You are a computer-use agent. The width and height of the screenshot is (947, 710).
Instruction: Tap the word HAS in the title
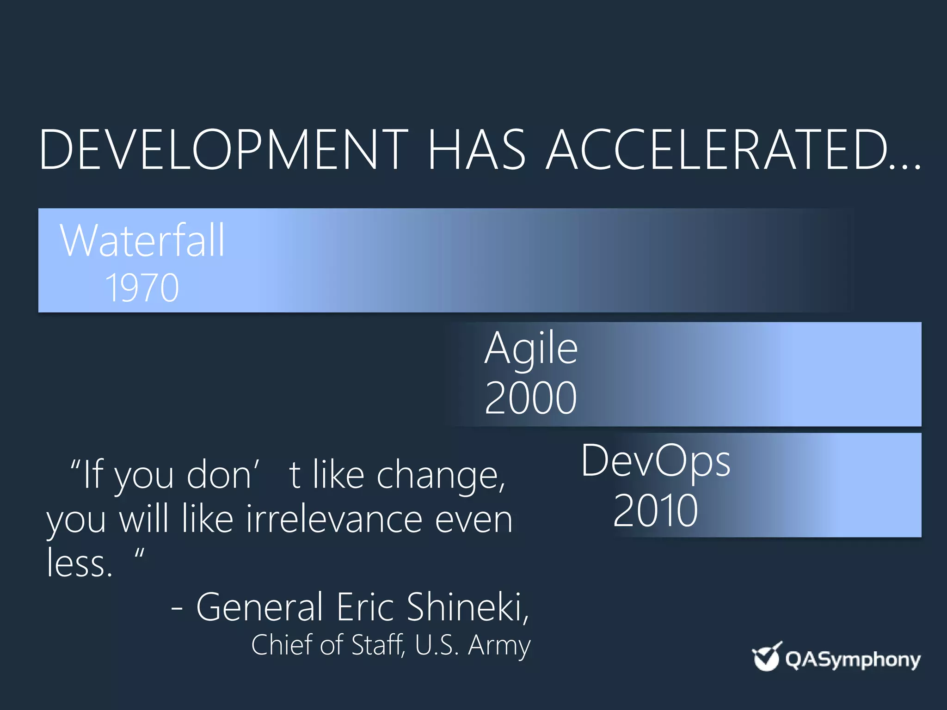coord(476,150)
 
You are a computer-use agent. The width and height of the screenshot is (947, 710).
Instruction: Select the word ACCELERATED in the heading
coord(717,150)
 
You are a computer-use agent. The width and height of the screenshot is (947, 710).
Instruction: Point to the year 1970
coord(142,288)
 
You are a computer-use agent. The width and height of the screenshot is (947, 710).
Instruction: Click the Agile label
coord(531,349)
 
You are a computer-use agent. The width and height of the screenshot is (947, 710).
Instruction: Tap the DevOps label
coord(656,461)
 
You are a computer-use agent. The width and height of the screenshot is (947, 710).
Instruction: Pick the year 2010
coord(656,511)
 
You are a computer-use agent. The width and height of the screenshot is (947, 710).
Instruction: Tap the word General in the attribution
coord(259,607)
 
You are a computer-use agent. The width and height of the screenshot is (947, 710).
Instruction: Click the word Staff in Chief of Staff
coord(377,645)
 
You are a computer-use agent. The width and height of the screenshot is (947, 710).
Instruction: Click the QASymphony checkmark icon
coord(766,657)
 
